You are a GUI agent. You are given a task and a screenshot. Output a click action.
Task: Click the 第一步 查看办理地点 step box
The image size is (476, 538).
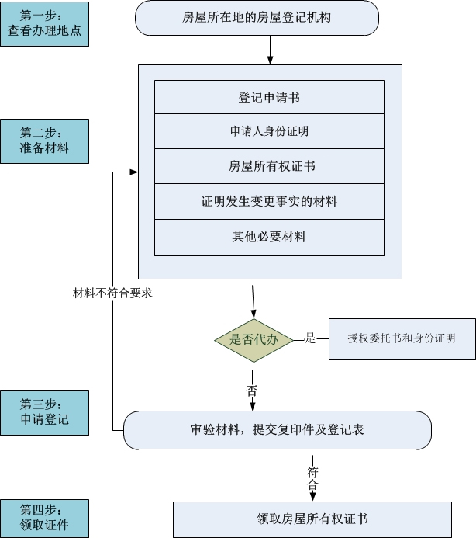click(44, 24)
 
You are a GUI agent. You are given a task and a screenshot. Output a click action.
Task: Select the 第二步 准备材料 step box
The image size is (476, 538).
click(44, 141)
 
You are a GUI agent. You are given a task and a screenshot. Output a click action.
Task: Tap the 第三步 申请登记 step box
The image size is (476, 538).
click(44, 413)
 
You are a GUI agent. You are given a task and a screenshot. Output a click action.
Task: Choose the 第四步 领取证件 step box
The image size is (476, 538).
click(44, 518)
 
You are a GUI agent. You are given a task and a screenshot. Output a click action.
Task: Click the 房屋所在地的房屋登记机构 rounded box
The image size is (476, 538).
click(257, 18)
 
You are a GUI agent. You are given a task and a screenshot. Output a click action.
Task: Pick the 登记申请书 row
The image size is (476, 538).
click(269, 97)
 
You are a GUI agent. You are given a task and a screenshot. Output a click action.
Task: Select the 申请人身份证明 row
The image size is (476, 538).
click(269, 131)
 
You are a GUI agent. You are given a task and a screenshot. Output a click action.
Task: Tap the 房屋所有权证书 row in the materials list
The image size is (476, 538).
click(269, 166)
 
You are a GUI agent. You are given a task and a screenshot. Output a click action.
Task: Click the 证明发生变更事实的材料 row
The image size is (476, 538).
click(269, 201)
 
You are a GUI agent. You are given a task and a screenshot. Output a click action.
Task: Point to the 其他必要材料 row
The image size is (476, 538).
click(269, 238)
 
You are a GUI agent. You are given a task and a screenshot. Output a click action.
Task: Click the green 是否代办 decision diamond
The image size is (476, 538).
click(254, 340)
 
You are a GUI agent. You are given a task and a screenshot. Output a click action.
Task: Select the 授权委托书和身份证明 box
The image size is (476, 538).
click(402, 339)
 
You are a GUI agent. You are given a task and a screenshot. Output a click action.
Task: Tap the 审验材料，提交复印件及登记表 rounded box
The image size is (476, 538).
click(278, 430)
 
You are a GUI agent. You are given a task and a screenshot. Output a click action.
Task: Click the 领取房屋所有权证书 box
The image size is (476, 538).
click(312, 519)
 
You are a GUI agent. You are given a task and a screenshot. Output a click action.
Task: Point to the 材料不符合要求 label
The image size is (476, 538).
click(112, 293)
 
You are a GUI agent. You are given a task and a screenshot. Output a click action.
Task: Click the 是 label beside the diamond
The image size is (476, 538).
click(310, 338)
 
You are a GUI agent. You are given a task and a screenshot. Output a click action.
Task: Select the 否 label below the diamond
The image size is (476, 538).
click(252, 390)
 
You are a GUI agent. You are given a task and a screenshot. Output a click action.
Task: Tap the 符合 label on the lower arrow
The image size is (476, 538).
click(312, 478)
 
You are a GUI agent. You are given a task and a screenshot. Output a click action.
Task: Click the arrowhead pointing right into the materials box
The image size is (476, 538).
click(134, 172)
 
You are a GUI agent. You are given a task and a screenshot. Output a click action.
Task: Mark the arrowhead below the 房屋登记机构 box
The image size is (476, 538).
click(270, 61)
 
